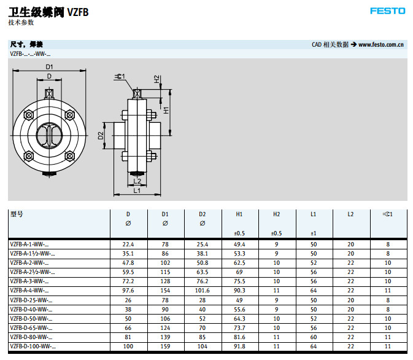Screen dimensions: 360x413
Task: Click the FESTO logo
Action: [387, 10]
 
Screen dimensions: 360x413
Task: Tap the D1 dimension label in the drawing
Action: [49, 66]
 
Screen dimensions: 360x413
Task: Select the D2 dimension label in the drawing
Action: [101, 135]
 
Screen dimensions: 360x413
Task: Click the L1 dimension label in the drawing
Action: [137, 190]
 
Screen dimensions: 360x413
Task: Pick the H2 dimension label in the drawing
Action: [157, 80]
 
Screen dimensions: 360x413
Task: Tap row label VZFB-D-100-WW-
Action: [31, 346]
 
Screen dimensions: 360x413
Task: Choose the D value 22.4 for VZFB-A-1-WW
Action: [128, 244]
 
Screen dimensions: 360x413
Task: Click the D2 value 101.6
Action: [202, 290]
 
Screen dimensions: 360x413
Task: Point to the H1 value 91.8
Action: [239, 346]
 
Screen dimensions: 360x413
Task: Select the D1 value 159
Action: [165, 346]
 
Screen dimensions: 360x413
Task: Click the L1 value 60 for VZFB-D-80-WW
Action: [314, 337]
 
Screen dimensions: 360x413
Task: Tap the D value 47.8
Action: [128, 262]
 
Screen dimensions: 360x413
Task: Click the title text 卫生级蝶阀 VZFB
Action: [48, 11]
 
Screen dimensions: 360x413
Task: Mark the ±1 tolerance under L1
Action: [314, 233]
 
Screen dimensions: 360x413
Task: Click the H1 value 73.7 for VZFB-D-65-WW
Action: [239, 328]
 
